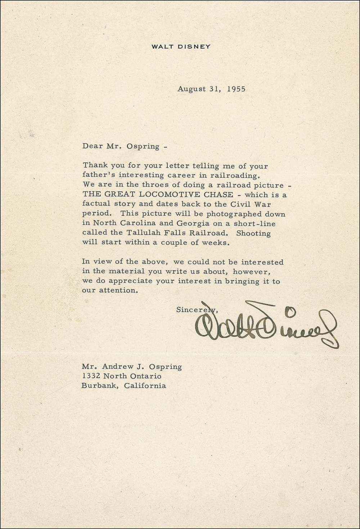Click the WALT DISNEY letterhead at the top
[180, 46]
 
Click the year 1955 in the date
[236, 89]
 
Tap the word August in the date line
[191, 89]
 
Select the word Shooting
[253, 233]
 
